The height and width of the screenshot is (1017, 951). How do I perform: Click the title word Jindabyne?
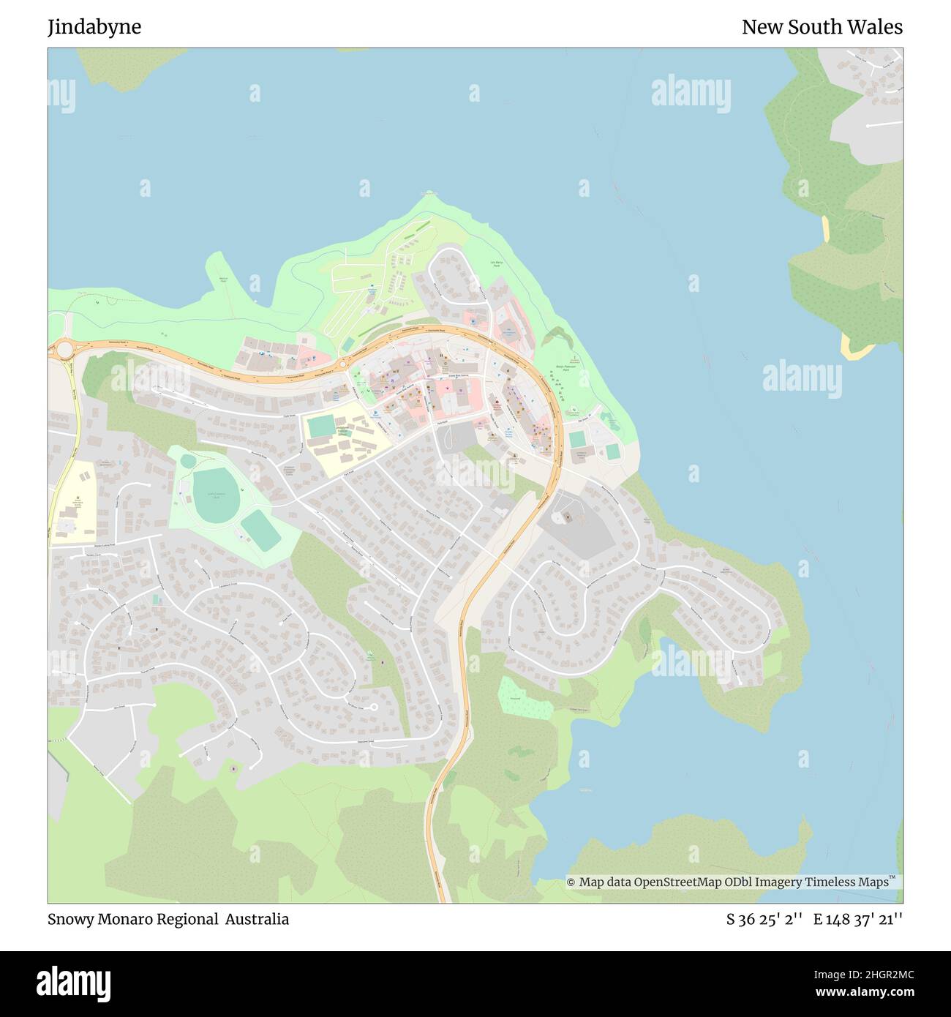(x=94, y=27)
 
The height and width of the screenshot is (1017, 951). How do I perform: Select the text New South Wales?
(x=822, y=27)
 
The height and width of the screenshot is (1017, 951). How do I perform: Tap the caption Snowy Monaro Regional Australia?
(x=168, y=919)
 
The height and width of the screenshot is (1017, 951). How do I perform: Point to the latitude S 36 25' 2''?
(x=764, y=919)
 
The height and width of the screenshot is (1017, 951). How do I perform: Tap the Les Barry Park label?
(x=497, y=263)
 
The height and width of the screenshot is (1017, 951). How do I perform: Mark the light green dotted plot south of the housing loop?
(x=525, y=698)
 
